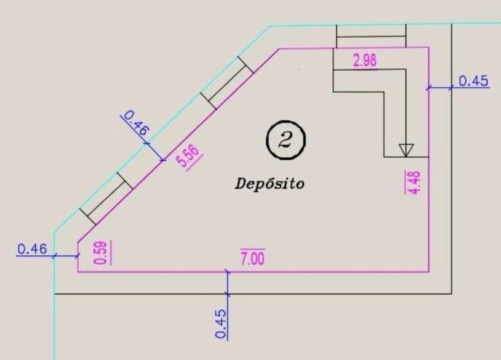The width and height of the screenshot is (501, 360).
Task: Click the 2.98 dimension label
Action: (x=365, y=61)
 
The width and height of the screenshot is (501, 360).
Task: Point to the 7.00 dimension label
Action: (x=252, y=258)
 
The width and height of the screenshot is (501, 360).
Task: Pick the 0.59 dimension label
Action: (x=102, y=252)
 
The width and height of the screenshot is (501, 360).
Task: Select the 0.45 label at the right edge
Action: (x=474, y=81)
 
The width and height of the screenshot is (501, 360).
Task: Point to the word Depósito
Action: (x=270, y=183)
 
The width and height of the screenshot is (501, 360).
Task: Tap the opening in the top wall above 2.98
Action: (x=371, y=36)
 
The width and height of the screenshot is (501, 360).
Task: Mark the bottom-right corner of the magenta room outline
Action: (x=428, y=272)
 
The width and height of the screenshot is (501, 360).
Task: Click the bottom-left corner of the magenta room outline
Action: (x=78, y=272)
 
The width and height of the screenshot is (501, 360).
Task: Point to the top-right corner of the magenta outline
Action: (x=428, y=47)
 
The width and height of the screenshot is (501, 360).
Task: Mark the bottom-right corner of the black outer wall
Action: (x=451, y=293)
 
